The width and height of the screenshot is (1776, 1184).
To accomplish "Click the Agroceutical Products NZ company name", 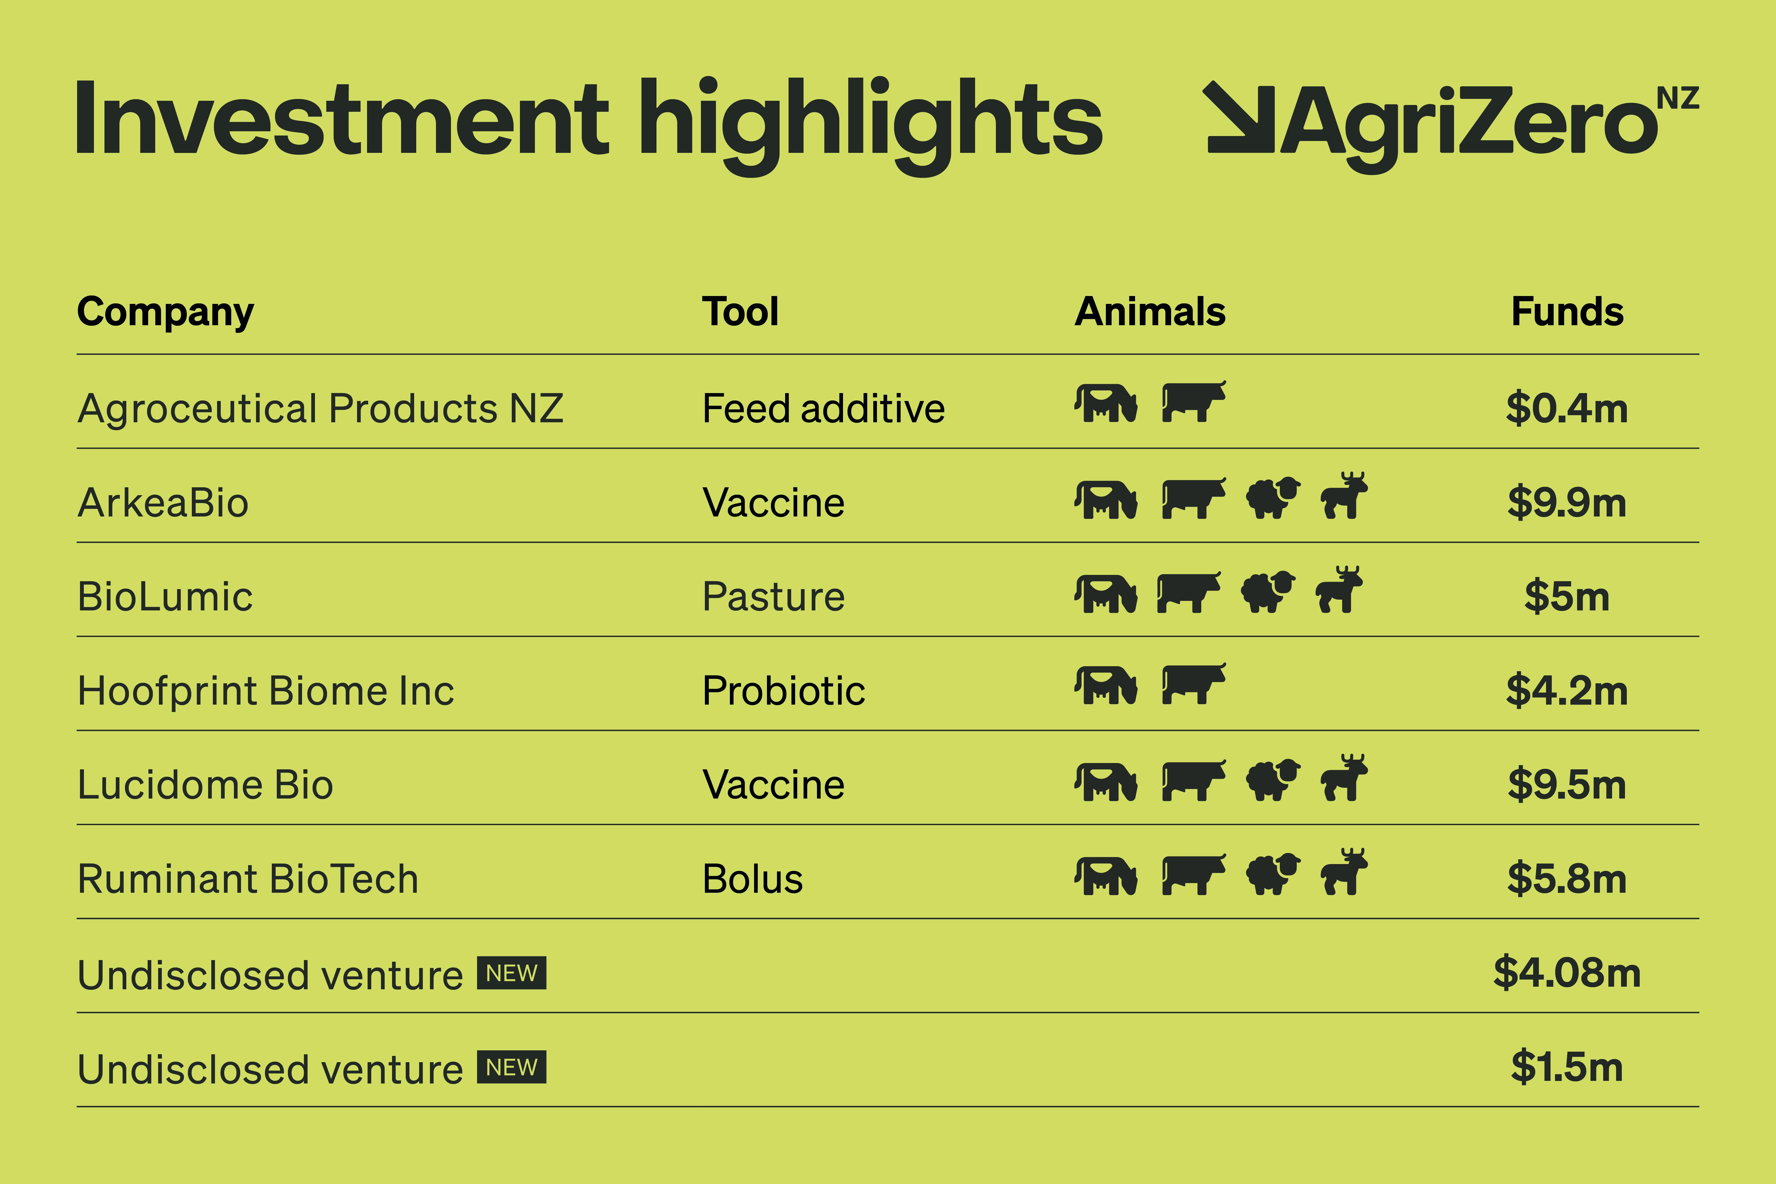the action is (320, 409).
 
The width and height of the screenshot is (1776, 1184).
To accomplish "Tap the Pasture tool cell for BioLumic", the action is (773, 596).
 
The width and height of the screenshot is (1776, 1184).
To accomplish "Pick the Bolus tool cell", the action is (752, 879).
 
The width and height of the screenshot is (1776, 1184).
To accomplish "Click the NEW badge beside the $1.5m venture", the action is (511, 1067).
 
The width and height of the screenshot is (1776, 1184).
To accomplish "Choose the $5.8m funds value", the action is (1567, 879).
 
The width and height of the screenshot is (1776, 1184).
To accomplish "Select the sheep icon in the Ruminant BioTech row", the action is (1273, 874).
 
